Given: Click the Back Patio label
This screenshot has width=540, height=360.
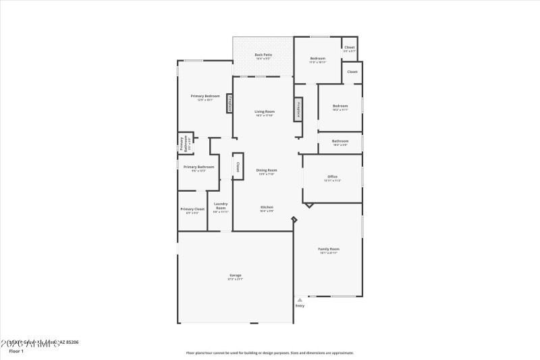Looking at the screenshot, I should [x=263, y=55].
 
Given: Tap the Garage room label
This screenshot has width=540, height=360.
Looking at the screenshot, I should [x=234, y=275].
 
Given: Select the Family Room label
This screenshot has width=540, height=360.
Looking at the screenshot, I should [x=329, y=249].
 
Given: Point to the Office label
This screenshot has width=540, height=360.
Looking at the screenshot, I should [x=332, y=177].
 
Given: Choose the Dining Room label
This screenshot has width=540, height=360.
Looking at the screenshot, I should [x=267, y=170].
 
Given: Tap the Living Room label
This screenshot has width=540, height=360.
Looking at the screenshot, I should [x=264, y=111].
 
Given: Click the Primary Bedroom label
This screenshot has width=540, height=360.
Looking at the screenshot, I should [x=205, y=96].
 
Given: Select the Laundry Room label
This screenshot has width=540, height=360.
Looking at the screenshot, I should [x=221, y=205].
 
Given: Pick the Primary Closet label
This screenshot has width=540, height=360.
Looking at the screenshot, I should [x=192, y=209].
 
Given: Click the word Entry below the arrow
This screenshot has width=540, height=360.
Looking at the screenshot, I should [x=300, y=306].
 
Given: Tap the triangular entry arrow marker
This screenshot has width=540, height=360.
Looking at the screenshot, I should [x=300, y=300].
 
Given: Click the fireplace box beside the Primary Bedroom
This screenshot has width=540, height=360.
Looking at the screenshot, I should [x=230, y=104].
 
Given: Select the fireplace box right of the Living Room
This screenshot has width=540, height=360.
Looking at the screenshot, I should [x=298, y=109].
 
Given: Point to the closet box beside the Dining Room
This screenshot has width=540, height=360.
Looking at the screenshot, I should [x=238, y=166].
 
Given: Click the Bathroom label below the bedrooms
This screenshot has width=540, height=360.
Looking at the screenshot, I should [x=340, y=141].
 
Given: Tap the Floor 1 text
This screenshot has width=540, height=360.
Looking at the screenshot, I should [x=16, y=351].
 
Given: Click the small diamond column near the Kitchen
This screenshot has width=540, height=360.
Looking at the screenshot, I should [x=294, y=219].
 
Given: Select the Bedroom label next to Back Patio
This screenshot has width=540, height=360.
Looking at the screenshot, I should [x=317, y=59].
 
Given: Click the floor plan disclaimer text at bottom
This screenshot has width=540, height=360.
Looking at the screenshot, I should [x=270, y=353].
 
